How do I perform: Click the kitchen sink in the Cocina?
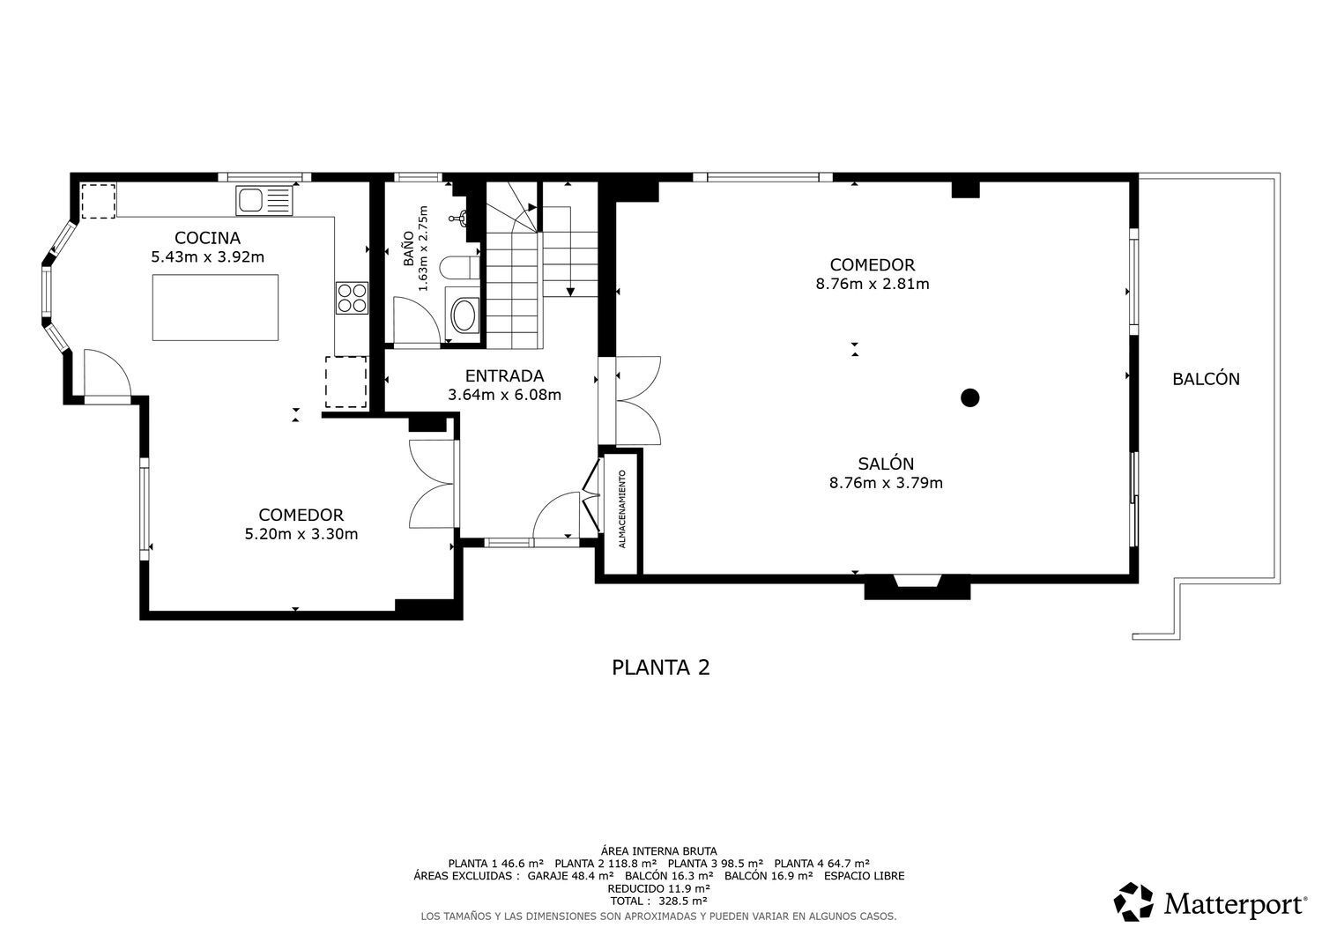click(264, 201)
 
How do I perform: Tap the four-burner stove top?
click(352, 298)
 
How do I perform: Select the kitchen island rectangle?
click(215, 308)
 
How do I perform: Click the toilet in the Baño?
click(460, 267)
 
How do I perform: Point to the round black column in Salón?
click(970, 397)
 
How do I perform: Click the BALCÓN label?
click(1206, 379)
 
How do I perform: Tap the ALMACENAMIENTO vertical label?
click(622, 508)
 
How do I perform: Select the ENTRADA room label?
click(505, 376)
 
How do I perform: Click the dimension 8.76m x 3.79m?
click(886, 483)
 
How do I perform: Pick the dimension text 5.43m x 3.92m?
click(208, 256)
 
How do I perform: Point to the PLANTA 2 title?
click(660, 668)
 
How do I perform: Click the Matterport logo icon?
click(1133, 902)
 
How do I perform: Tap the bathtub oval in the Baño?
click(464, 315)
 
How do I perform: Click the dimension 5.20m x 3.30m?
click(301, 534)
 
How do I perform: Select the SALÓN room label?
click(886, 464)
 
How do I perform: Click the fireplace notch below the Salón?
click(917, 581)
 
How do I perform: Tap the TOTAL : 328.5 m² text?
click(658, 901)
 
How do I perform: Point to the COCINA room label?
click(208, 238)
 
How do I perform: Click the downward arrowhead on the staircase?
click(571, 292)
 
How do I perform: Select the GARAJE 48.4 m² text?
click(570, 876)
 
